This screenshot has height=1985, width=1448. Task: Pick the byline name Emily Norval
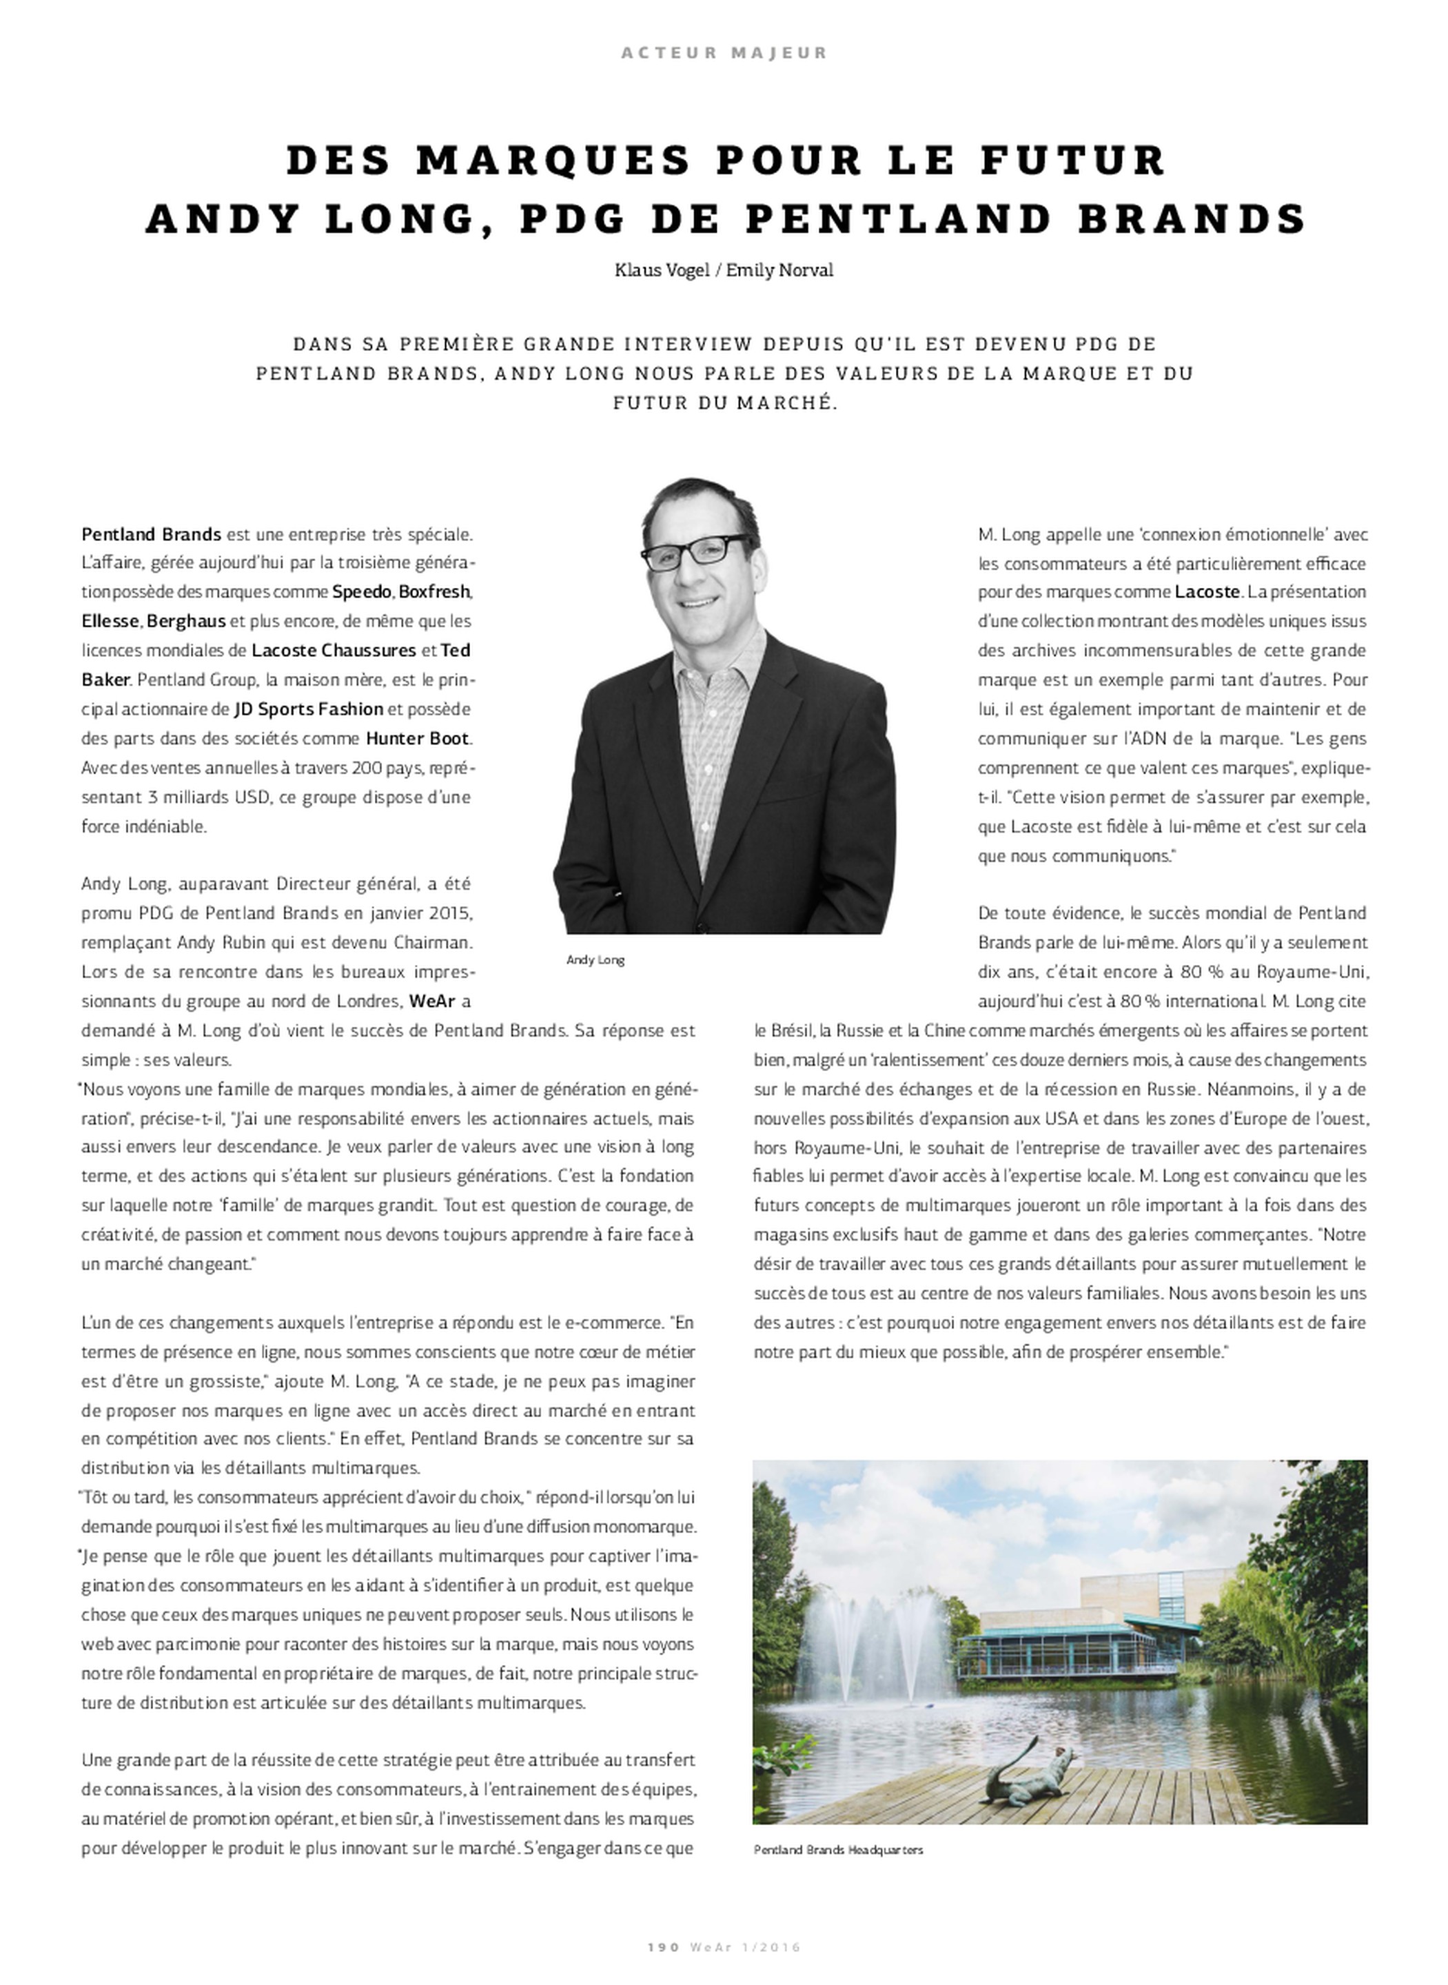(x=779, y=270)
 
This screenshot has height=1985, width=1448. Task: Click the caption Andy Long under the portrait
(x=595, y=959)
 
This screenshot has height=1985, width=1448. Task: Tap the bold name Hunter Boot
(x=417, y=738)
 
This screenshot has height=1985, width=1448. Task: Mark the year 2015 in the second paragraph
(x=451, y=913)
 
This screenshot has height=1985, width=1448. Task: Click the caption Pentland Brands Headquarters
(x=838, y=1850)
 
